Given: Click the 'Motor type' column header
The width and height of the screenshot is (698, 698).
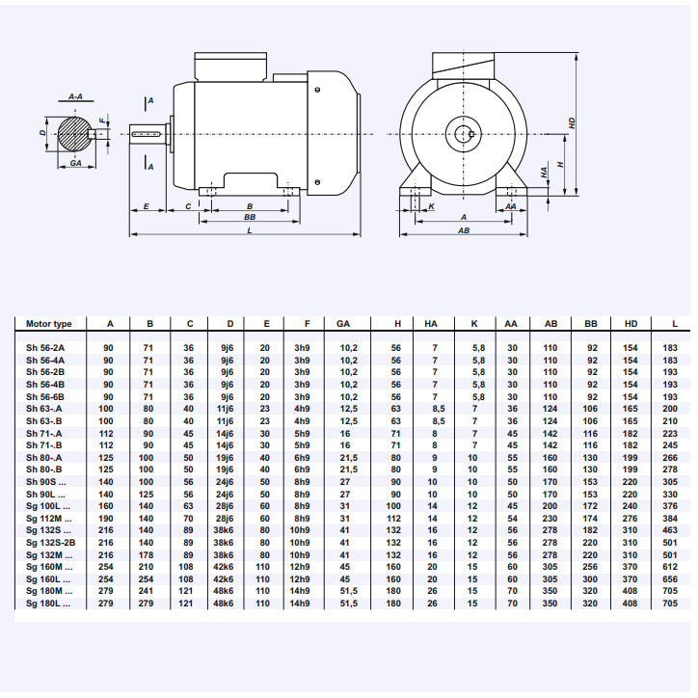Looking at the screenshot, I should coord(49,324).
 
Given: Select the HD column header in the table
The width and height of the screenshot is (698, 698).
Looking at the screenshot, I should coord(631,324).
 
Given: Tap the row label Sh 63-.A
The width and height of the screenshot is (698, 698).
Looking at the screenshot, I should coord(44,409).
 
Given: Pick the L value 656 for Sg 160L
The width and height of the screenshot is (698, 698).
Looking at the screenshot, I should coord(670,578).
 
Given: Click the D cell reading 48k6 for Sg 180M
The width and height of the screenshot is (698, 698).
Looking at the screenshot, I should coord(225,591).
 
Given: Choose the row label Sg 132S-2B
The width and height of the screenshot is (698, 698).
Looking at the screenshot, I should coord(50,542).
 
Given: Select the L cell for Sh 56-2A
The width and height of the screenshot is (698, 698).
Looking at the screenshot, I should coord(670,348).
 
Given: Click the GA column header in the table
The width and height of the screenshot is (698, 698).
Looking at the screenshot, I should coord(343,324).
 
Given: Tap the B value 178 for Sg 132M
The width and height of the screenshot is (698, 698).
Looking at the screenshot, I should coord(148,554).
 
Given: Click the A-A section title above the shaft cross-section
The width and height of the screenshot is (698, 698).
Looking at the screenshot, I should coord(75,97).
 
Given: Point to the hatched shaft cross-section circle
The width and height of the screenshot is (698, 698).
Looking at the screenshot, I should coord(74,133).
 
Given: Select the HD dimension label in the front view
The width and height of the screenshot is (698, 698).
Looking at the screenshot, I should coord(572,123).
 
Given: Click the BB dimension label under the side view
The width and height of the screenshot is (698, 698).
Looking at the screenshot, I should coord(250,218).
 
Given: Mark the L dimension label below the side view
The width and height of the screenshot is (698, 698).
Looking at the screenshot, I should coord(249,231).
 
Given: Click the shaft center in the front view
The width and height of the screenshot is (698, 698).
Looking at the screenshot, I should coord(464,133).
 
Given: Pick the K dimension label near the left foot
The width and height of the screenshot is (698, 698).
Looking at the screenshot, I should coord(431,206).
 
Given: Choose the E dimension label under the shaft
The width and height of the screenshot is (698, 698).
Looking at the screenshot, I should coord(146,206).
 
